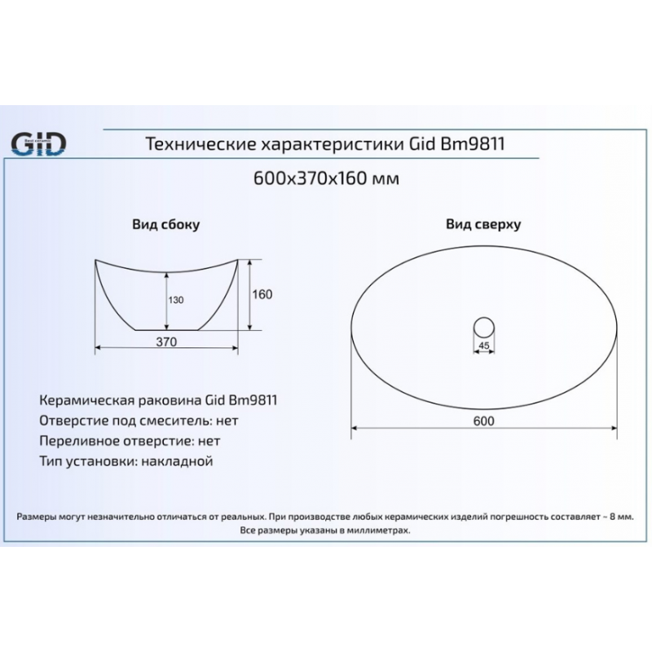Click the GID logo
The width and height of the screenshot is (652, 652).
tap(38, 144)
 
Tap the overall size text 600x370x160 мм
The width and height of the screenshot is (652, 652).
tap(326, 178)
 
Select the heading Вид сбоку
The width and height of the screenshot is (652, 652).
tap(166, 225)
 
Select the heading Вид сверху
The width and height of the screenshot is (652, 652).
tap(483, 224)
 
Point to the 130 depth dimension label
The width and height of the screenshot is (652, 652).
tap(176, 300)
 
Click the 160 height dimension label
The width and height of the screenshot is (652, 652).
tap(262, 294)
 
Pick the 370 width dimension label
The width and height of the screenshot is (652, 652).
tap(166, 341)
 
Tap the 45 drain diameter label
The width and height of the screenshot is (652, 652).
tap(483, 346)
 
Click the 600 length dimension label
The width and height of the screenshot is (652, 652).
tap(483, 421)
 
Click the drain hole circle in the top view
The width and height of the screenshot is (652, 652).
tap(483, 317)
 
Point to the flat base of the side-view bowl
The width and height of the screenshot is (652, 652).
tap(167, 330)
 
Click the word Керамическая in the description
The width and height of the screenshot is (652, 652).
tap(86, 400)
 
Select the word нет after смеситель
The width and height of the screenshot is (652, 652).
tap(227, 421)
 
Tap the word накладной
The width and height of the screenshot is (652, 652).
tap(177, 461)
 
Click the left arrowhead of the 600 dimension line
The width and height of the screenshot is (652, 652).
tap(355, 428)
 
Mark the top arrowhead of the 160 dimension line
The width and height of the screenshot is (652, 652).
tap(249, 262)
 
